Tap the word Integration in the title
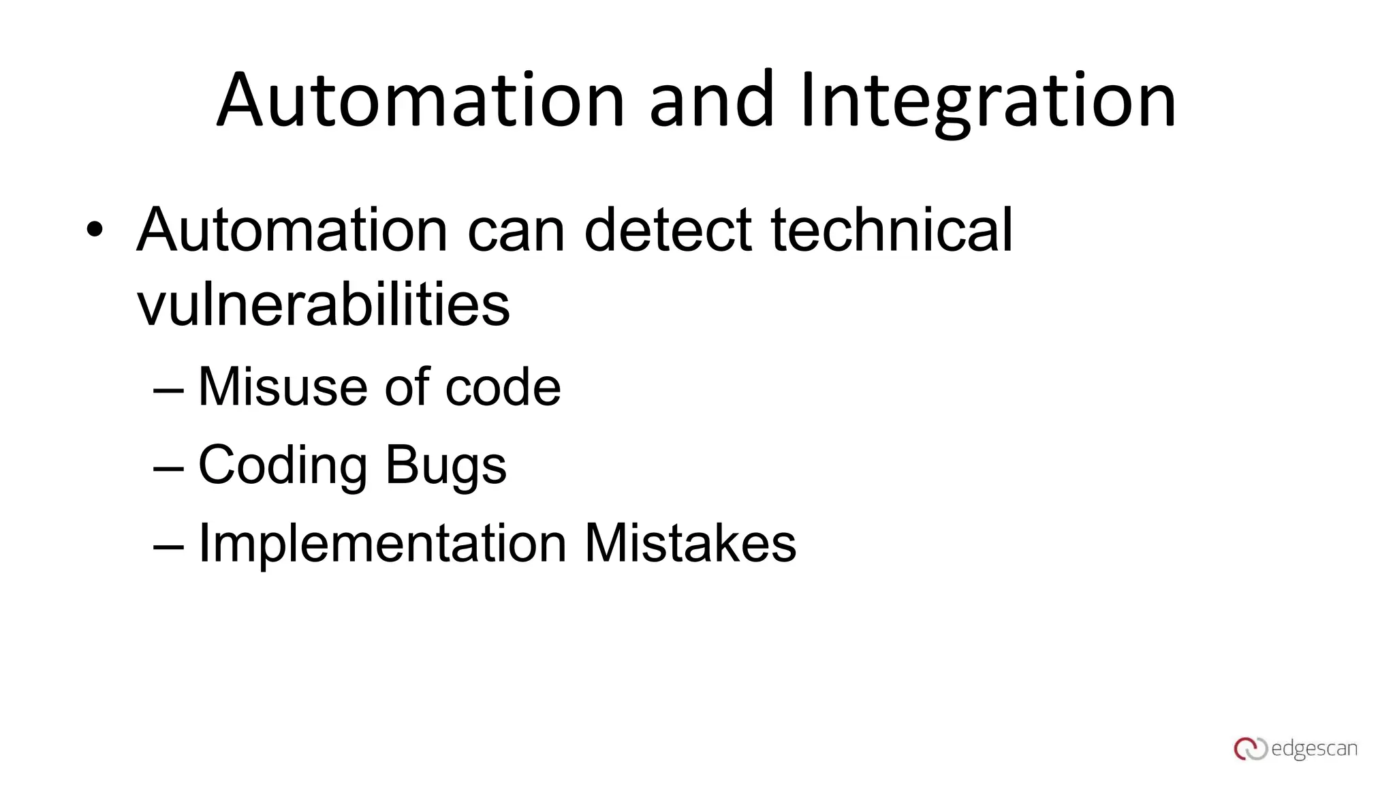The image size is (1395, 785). [988, 101]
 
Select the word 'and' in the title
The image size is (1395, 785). [712, 101]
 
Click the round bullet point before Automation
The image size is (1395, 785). [95, 230]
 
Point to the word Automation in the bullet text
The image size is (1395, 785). [292, 230]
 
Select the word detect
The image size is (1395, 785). [668, 230]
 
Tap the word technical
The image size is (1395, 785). [892, 230]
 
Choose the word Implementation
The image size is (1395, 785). [382, 543]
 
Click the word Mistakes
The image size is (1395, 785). [690, 543]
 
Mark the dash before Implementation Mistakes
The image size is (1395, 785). [168, 546]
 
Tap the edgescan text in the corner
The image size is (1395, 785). [1314, 749]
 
